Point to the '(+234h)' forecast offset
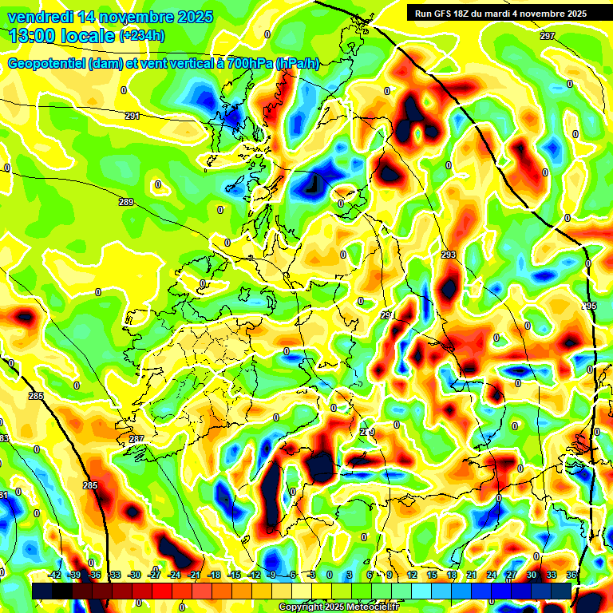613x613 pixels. click(142, 36)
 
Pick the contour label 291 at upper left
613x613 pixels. click(132, 116)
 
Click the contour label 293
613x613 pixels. click(449, 255)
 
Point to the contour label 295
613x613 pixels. click(589, 306)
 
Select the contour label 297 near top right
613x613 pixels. click(547, 37)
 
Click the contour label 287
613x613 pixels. click(136, 439)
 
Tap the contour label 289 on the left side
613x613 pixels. click(126, 202)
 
